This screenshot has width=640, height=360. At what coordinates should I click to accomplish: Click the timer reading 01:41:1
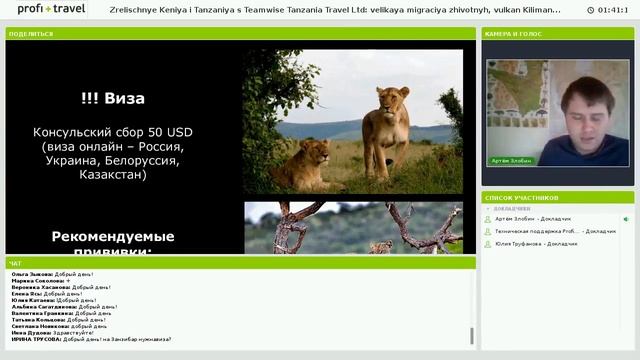(612, 10)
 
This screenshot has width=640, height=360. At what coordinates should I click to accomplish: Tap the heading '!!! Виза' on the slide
(112, 99)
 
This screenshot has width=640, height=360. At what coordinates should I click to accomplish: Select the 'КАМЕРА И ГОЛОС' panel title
(513, 33)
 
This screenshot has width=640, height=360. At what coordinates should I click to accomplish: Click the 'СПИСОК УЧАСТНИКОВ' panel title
(520, 197)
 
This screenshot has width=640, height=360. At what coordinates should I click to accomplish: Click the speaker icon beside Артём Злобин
(626, 219)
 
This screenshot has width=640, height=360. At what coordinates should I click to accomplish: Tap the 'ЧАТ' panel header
(15, 263)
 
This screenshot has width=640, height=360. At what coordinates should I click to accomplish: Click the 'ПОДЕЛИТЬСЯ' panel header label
(30, 33)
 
